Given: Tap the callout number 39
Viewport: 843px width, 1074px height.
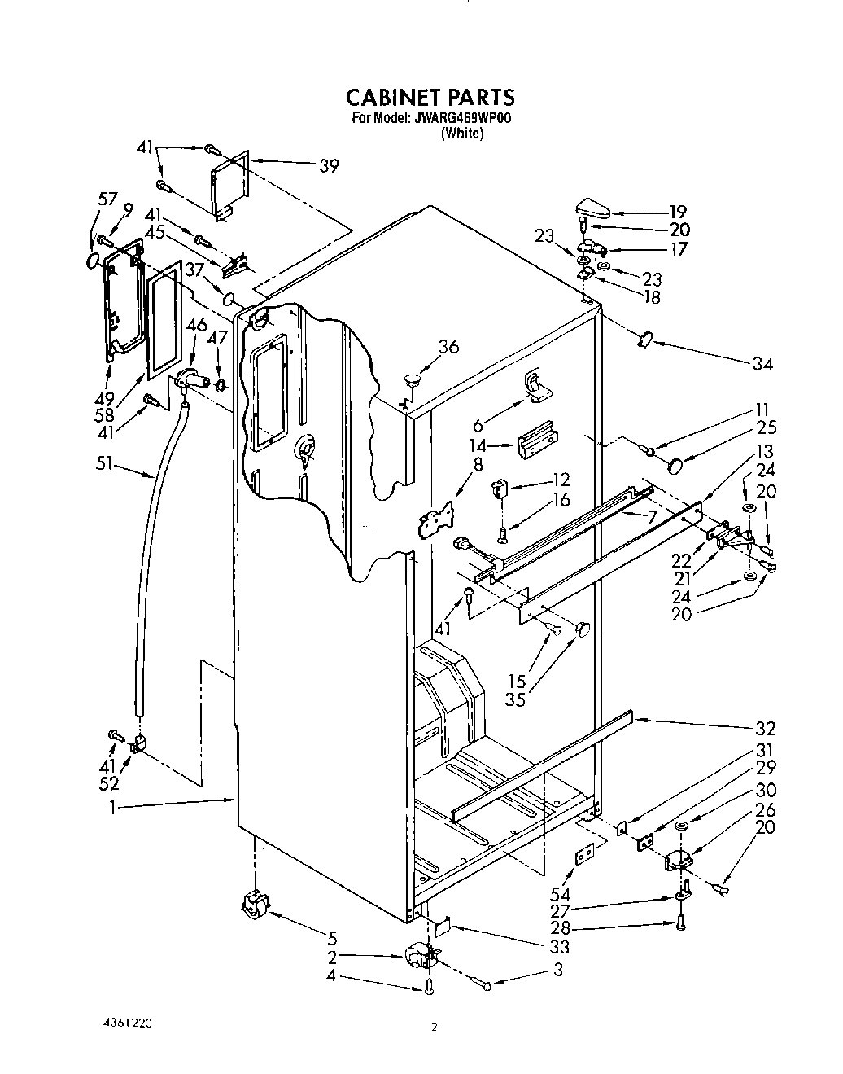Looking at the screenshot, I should click(x=329, y=166).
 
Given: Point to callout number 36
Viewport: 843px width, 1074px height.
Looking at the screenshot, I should click(x=448, y=348).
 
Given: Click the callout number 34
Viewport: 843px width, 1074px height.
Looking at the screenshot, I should click(x=762, y=364).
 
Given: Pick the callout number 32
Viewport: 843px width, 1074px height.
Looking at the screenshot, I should click(x=765, y=728).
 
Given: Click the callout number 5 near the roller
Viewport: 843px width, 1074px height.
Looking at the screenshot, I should click(x=332, y=937).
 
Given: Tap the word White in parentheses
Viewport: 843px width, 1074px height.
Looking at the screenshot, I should click(x=462, y=134).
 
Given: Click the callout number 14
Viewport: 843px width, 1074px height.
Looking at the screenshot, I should click(x=478, y=445).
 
